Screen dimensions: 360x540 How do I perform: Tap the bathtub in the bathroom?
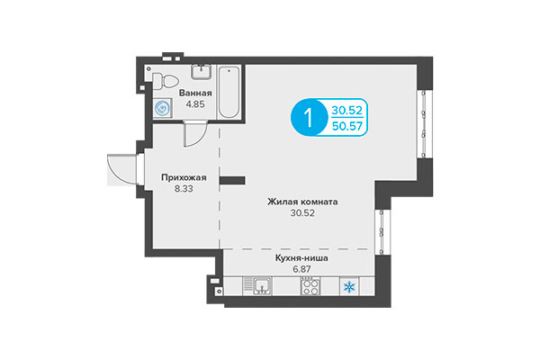point(229,90)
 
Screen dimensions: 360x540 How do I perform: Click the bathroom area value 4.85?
point(195,104)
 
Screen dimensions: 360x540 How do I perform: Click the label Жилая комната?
point(302,202)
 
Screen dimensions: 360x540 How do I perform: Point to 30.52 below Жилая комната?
point(302,214)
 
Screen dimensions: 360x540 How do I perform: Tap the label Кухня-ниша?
point(301,258)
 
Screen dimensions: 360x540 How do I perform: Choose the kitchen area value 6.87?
point(301,270)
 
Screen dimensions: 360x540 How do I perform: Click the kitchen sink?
point(263,286)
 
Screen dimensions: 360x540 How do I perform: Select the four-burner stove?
point(310,286)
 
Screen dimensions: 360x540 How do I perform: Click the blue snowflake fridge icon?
point(350,286)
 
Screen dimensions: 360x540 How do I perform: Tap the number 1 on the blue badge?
point(309,119)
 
